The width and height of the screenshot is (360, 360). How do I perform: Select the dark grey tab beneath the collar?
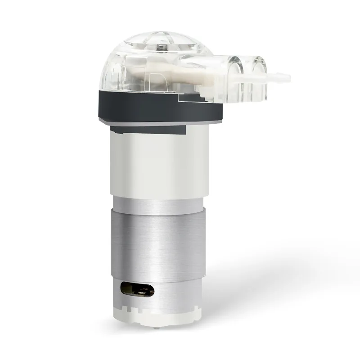pos(148,130)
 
